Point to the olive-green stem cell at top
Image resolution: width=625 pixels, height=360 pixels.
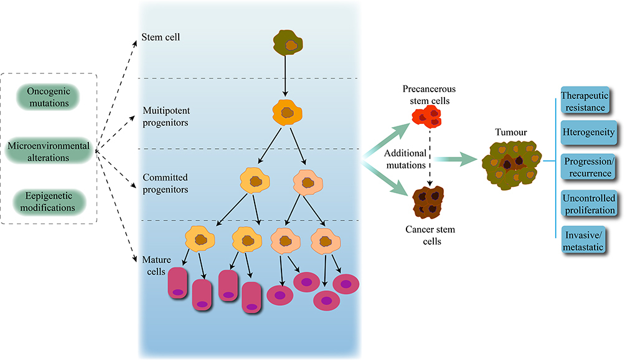click(x=288, y=41)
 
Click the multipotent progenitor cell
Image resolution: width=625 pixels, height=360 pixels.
click(x=288, y=113)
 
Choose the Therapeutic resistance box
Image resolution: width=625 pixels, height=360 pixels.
click(x=583, y=102)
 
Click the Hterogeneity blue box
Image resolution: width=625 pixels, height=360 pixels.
click(x=588, y=132)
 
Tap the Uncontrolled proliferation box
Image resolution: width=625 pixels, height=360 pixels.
click(x=588, y=204)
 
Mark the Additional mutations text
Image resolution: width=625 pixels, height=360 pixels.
click(x=406, y=159)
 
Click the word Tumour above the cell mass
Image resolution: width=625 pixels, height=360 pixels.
click(x=510, y=133)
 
